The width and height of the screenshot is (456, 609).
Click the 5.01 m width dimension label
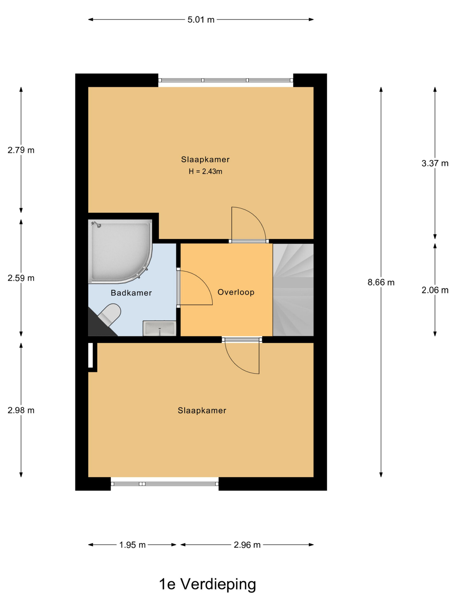[x=201, y=20]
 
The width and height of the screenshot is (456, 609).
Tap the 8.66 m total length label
[x=381, y=282]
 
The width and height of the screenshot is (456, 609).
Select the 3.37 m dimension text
[x=435, y=163]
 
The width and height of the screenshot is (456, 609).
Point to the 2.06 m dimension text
[x=435, y=290]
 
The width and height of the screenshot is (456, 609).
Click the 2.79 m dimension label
[x=21, y=150]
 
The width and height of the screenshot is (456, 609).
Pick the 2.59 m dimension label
[x=21, y=278]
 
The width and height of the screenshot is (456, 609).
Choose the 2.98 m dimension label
[x=21, y=411]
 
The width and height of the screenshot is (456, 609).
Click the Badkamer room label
[x=131, y=293]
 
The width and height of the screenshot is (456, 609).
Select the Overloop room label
[x=236, y=292]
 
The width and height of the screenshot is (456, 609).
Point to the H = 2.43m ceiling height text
[x=205, y=172]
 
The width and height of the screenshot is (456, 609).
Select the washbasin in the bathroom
[x=159, y=328]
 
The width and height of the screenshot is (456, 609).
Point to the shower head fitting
[x=96, y=224]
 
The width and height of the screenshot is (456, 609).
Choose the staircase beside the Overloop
[x=293, y=290]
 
